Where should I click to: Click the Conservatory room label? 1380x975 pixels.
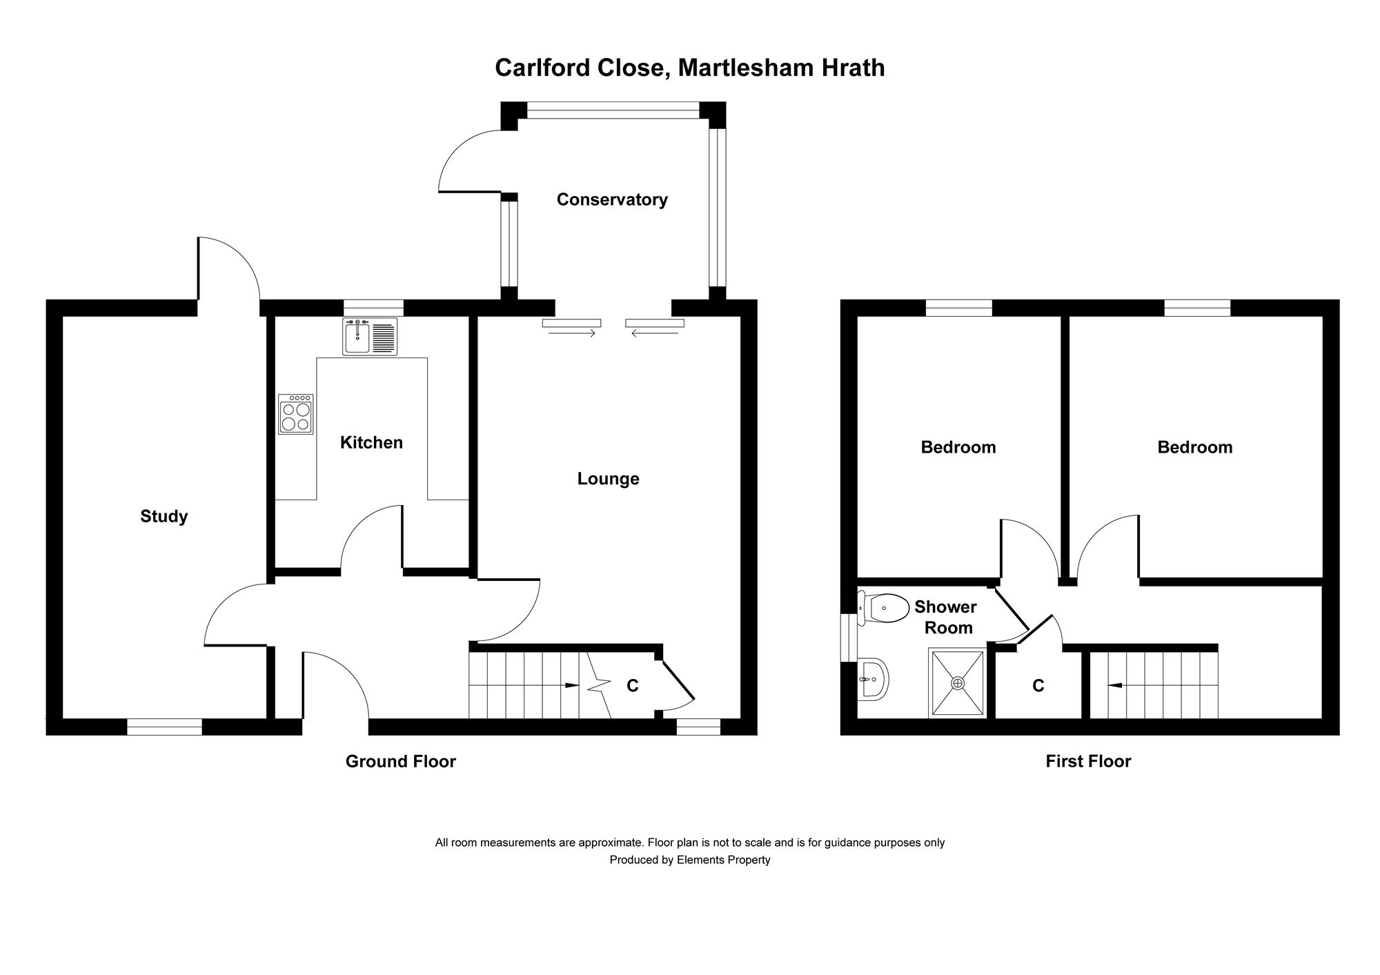612,199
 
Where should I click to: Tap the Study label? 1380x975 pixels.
164,516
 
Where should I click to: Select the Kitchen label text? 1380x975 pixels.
371,442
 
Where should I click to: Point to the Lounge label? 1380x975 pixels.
608,479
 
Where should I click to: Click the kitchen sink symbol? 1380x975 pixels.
370,337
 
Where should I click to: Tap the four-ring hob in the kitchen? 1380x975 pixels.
295,414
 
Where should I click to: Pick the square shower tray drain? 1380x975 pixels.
957,683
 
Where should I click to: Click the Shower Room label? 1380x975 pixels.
946,617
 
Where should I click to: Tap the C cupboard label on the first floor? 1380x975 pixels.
1038,685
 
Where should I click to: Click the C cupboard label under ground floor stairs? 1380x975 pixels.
632,685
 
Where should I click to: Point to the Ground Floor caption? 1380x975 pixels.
400,761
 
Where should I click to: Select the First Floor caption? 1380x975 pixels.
1088,761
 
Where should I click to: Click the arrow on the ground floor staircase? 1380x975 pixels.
571,685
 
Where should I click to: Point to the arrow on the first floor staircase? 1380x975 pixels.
1114,685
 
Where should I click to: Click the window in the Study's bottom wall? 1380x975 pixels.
164,727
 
